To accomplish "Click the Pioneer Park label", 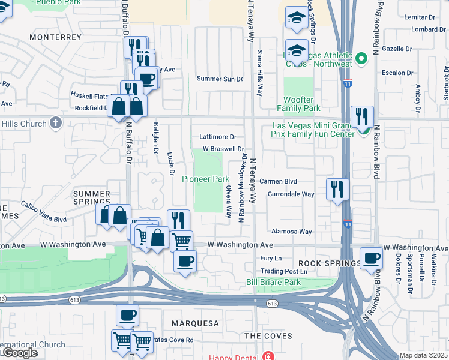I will coord(206,179).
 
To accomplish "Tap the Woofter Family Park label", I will coord(298,104).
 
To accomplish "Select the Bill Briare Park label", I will coord(273,282).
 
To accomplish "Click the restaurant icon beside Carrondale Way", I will coord(337,189).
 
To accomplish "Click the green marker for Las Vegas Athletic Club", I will coord(361,59).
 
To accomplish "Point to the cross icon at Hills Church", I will coord(55,124).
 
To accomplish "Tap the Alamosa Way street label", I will coord(292,232).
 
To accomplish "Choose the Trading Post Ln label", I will coord(283,271).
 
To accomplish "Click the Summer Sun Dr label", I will coord(220,79).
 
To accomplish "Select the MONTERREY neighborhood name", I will coord(55,37).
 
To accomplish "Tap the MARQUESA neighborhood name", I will coord(196,323).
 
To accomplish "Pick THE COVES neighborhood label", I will coord(268,336).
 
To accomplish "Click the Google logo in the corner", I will coord(19,353).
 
